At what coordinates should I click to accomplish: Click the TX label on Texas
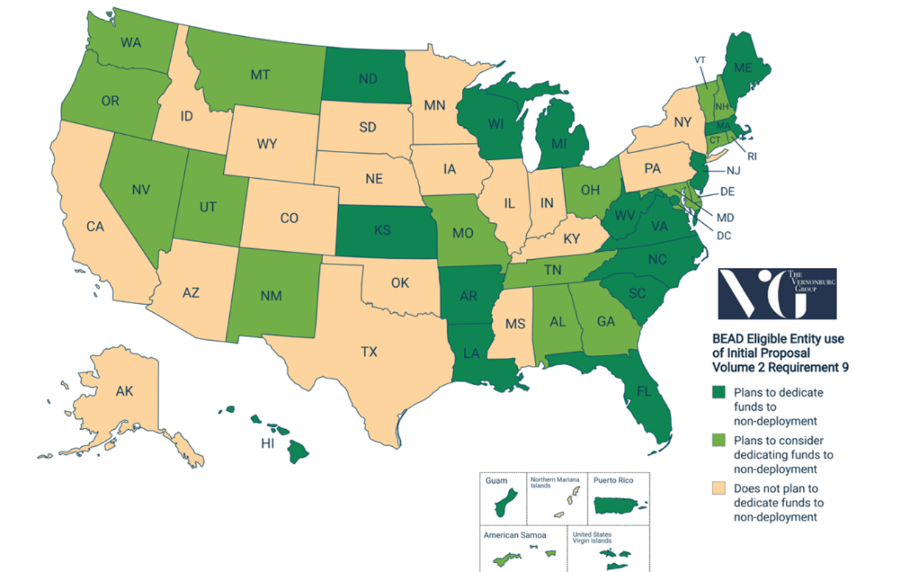click(x=368, y=352)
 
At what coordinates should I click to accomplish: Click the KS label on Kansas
click(x=382, y=230)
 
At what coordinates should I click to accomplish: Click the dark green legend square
click(x=718, y=392)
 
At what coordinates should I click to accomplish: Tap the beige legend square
click(x=718, y=489)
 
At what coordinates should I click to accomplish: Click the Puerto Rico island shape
click(x=617, y=506)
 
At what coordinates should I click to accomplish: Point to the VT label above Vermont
click(x=700, y=60)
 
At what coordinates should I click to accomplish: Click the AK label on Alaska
click(x=124, y=392)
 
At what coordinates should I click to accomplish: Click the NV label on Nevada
click(x=141, y=190)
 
